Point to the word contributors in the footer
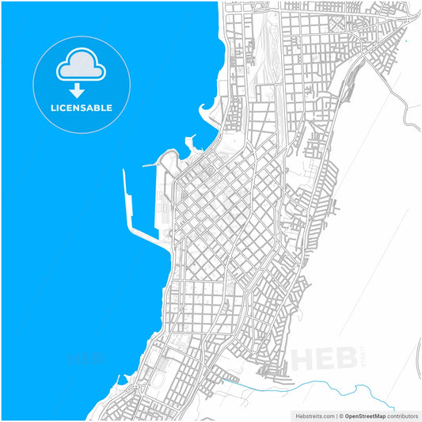click(x=406, y=415)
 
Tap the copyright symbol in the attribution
click(x=340, y=415)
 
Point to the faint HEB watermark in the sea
click(x=87, y=358)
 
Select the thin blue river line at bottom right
click(x=333, y=386)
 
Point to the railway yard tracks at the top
click(x=265, y=55)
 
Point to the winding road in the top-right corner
click(x=408, y=115)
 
